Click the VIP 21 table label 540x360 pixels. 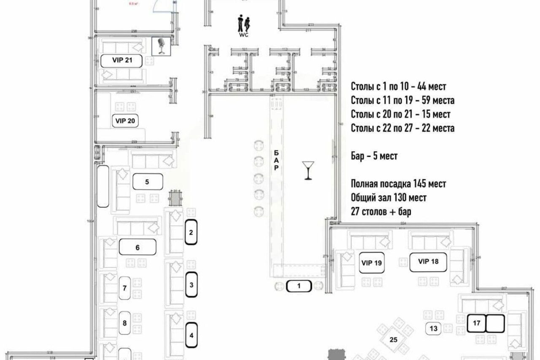coord(122,60)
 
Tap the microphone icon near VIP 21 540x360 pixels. coord(161,46)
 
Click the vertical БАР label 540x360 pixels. coord(276,160)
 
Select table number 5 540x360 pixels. coord(147,182)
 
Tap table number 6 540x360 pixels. coord(138,247)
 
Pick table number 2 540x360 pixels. coord(191,232)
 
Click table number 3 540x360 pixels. coord(191,285)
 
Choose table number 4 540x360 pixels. coord(191,336)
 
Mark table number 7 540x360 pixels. coord(124,289)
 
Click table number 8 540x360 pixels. coord(124,323)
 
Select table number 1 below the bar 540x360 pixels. coord(299,287)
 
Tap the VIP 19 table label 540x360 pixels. coord(372,263)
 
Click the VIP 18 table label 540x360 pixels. coord(429,261)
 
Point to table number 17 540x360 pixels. coord(477,323)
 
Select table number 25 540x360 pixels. coord(393,339)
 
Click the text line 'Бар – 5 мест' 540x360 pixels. coord(374,156)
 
